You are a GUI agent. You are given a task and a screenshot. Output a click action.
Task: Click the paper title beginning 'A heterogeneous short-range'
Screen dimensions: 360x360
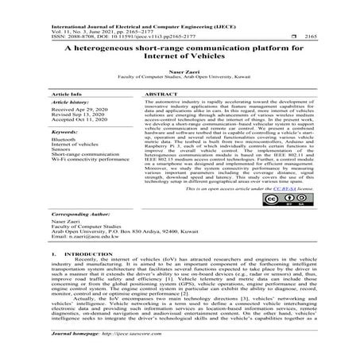coord(180,52)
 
